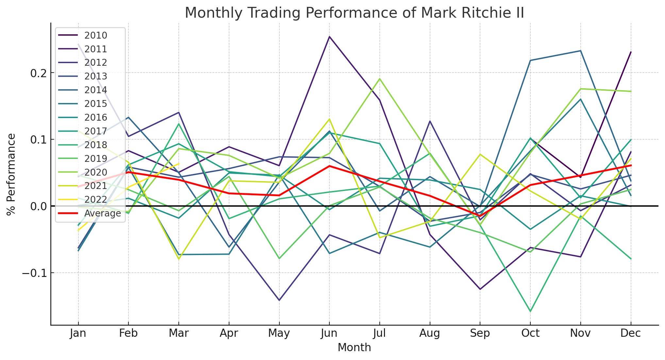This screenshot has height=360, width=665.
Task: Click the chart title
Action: (354, 13)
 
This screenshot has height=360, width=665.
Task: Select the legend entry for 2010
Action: (95, 35)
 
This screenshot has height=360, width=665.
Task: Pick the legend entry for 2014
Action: (95, 90)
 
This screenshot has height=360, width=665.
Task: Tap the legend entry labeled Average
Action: (102, 213)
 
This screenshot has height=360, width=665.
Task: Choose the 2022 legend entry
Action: (95, 199)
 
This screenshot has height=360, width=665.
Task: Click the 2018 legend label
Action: (95, 145)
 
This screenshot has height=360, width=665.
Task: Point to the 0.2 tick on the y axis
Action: (38, 73)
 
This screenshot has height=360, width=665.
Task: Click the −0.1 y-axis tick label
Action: (34, 273)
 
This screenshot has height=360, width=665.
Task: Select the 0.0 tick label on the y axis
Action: (38, 206)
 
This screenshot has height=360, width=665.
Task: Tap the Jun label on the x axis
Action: (329, 333)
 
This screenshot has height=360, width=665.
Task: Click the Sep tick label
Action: (480, 333)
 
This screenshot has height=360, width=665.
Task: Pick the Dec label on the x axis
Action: (630, 333)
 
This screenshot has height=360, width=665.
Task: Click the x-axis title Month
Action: (354, 348)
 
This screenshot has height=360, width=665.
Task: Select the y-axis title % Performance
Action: (11, 174)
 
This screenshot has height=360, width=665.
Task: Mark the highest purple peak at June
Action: (329, 37)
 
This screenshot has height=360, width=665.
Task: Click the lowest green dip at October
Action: (530, 311)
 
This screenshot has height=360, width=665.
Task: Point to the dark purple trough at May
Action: (279, 300)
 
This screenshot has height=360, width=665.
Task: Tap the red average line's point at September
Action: (480, 216)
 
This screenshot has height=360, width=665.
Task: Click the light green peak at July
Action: (379, 78)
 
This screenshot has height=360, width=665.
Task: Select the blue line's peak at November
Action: (580, 51)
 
